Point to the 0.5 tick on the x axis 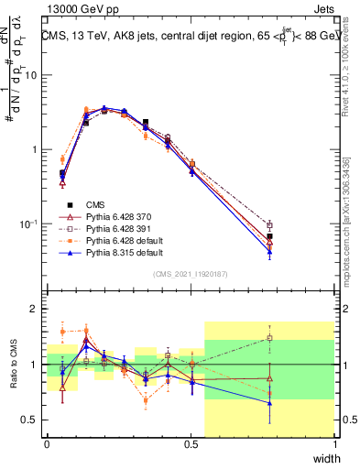click(x=191, y=444)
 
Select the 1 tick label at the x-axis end click(x=334, y=444)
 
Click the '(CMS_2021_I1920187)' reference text click(x=191, y=274)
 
